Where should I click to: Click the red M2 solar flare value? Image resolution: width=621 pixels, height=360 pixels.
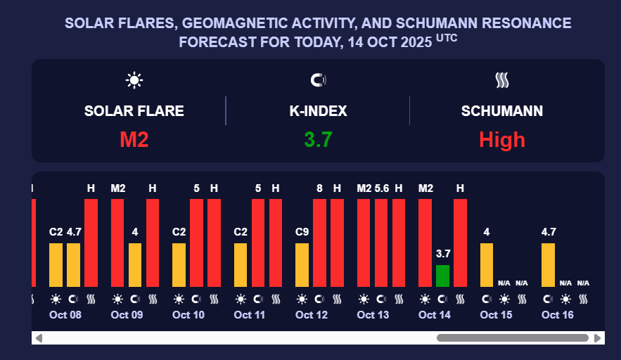coord(134,139)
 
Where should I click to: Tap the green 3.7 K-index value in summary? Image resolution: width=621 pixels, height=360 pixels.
coord(318,139)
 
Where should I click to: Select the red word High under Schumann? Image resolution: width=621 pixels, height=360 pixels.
coord(501,139)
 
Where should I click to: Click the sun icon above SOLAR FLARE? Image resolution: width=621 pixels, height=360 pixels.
coord(134,80)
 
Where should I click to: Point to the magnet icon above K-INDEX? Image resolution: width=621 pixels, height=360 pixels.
coord(318,80)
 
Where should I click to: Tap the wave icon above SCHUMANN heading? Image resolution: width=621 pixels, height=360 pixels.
coord(501,80)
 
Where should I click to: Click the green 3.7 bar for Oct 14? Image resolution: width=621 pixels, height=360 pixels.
coord(442,276)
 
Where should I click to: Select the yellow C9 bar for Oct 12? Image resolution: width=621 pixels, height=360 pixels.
coord(302,264)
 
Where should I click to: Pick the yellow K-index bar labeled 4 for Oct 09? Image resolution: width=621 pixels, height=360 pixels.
coord(135,264)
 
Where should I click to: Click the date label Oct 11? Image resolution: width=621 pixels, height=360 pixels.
coord(250,315)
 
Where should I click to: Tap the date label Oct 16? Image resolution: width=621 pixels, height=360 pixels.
coord(557,315)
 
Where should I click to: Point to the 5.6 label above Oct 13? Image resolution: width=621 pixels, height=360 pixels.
coord(382,188)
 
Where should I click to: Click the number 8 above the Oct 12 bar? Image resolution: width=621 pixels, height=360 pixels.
coord(319,188)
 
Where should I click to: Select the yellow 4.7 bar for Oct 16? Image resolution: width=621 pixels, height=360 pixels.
coord(548,264)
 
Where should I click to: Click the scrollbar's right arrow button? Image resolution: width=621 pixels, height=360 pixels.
coord(598,338)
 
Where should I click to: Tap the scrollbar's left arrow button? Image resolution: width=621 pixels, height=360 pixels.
coord(39,338)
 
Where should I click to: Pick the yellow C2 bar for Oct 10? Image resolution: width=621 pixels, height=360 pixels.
coord(179,264)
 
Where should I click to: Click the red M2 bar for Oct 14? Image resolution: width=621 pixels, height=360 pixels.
coord(425,243)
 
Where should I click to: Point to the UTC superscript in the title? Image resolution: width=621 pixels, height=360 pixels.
coord(447,38)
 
